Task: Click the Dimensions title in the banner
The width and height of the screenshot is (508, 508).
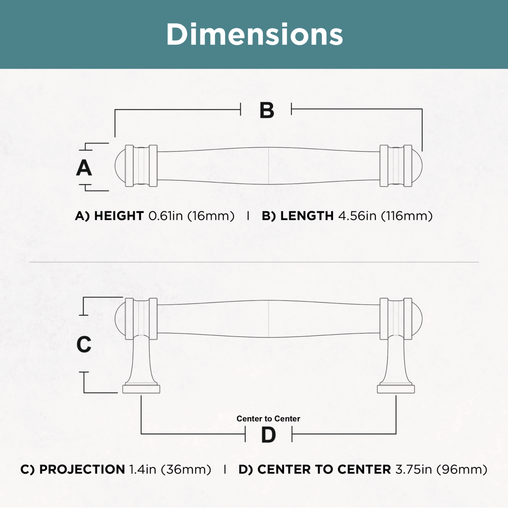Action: [254, 34]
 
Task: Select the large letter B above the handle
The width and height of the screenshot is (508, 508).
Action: [267, 110]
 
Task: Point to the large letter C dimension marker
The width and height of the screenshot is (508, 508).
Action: [84, 344]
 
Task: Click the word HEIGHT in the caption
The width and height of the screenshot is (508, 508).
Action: [119, 216]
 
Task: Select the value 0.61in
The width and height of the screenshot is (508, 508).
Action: [165, 216]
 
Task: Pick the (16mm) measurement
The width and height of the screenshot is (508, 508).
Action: [211, 216]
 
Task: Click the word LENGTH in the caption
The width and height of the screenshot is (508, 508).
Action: [307, 216]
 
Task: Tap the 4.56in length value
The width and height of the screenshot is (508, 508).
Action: [357, 216]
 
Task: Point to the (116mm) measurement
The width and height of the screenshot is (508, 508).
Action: [407, 216]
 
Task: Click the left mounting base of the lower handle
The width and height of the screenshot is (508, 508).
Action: [141, 389]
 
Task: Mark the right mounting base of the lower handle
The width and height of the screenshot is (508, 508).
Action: [396, 389]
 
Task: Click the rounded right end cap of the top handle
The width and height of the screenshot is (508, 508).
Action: [417, 166]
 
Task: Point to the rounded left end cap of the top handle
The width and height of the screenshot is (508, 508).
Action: [120, 166]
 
